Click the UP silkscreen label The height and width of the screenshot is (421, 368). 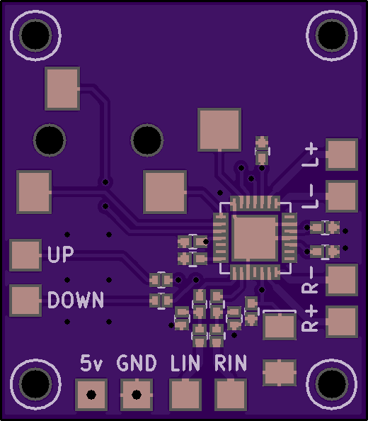coord(60,254)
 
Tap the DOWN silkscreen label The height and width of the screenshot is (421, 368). coord(76,300)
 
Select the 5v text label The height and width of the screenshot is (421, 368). coord(91,363)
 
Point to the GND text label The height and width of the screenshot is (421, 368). coord(137,363)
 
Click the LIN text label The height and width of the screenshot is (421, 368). coord(185,363)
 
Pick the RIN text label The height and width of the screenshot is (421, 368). coord(231,363)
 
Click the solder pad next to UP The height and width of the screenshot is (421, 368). coord(25,255)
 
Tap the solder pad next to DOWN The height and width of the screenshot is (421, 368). coord(25,301)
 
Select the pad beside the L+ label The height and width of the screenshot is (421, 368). coord(342,155)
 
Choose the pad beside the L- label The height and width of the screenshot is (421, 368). coord(342,196)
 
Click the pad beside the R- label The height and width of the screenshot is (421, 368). coord(342,280)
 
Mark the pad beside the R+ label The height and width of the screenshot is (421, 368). coord(342,322)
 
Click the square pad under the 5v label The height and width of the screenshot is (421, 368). coord(91,395)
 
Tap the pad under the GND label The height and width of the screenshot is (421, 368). coord(137,395)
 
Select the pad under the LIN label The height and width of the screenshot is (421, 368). coord(185,395)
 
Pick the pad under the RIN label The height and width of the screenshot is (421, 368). coord(231,395)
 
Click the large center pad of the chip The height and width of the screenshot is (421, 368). coord(255,238)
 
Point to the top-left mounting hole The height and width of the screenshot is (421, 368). coord(35,35)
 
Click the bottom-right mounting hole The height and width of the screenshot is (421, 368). coord(332,384)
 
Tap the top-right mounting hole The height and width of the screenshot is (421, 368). coord(332,35)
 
